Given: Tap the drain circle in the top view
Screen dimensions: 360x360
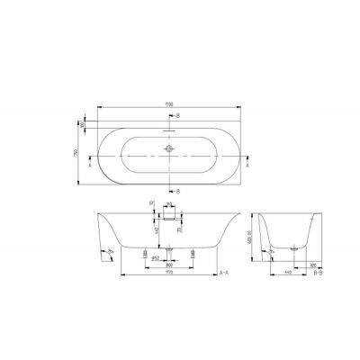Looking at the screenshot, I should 168,148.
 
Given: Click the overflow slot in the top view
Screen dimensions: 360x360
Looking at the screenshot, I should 168,130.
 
